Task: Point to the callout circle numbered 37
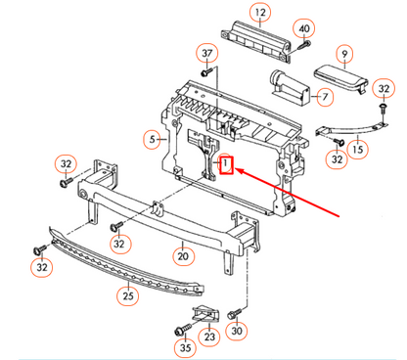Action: pyautogui.click(x=207, y=52)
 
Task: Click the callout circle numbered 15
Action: pyautogui.click(x=357, y=150)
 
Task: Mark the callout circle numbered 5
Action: pyautogui.click(x=152, y=138)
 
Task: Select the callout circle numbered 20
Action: pyautogui.click(x=182, y=257)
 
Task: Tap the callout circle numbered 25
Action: pyautogui.click(x=128, y=294)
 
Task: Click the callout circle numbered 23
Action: pyautogui.click(x=209, y=337)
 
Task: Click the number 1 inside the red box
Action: pyautogui.click(x=226, y=164)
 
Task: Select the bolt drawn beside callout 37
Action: pyautogui.click(x=207, y=71)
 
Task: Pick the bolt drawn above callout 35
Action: pyautogui.click(x=183, y=329)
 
